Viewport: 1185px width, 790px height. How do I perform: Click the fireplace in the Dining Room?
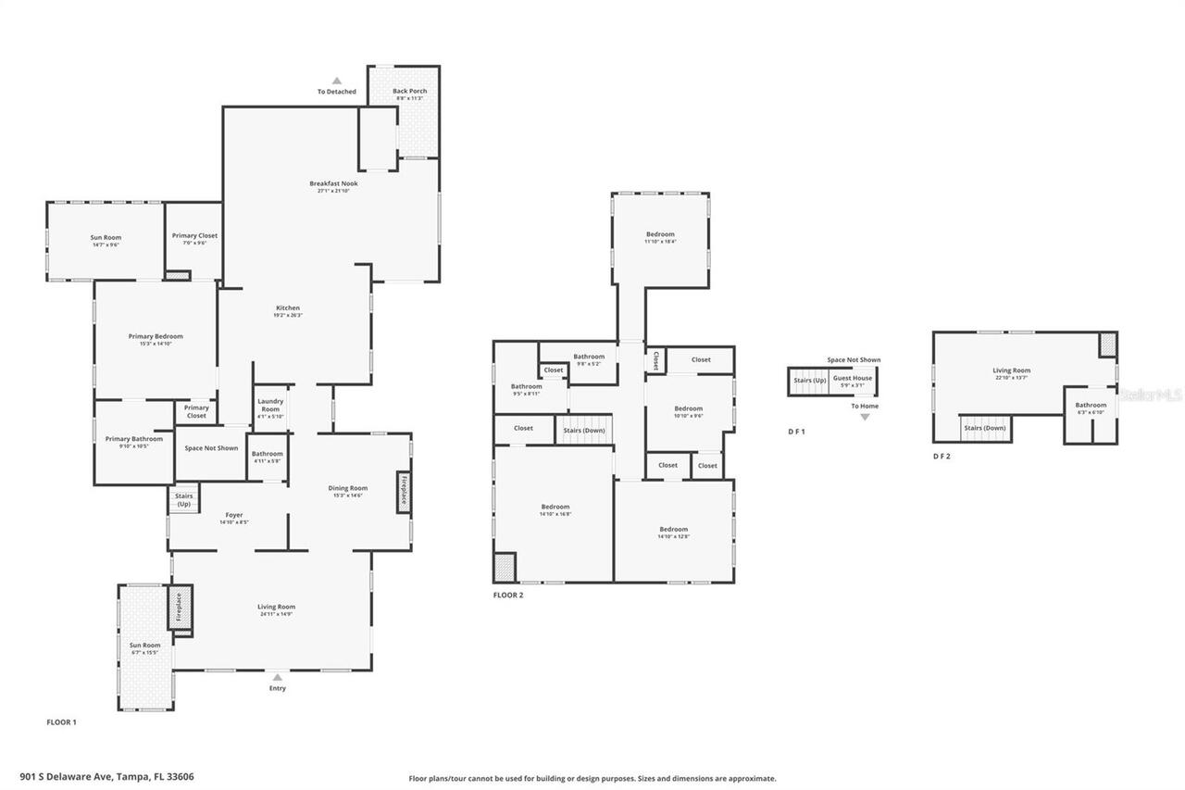(x=403, y=491)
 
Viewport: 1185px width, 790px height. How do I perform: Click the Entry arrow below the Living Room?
(x=277, y=678)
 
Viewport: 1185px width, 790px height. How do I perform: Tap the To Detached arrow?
(x=337, y=82)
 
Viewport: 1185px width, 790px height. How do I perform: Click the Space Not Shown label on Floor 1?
(x=211, y=448)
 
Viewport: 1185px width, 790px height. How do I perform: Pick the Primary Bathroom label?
(x=133, y=442)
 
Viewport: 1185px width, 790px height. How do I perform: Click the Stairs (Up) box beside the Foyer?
(x=183, y=500)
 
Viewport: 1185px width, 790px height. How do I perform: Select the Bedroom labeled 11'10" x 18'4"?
(x=660, y=237)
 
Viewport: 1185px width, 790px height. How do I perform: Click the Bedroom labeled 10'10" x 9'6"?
(x=688, y=411)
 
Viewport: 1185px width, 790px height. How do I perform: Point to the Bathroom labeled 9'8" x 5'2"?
(x=589, y=359)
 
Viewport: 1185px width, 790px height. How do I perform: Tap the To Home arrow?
(x=865, y=417)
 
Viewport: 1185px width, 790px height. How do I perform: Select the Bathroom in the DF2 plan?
(x=1091, y=408)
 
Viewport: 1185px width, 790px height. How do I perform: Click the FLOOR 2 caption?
(x=508, y=596)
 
